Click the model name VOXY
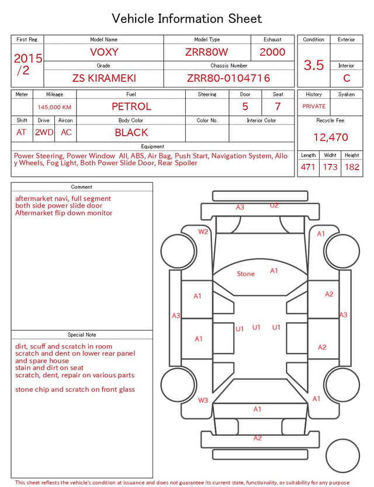[104, 52]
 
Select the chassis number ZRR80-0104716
[228, 78]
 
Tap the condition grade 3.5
[314, 65]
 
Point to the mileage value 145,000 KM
[54, 107]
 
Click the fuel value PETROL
[131, 107]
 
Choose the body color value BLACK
[131, 132]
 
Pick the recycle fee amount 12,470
[330, 137]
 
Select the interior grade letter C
[347, 78]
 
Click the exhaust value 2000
[272, 52]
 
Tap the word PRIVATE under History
[314, 106]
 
